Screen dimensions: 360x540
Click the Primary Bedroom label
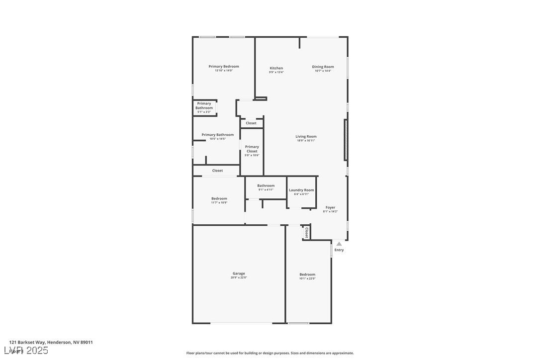point(224,67)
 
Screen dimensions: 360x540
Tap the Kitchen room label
point(276,68)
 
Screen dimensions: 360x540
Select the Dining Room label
point(323,67)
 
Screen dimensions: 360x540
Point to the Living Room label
point(306,136)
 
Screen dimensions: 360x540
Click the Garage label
point(239,273)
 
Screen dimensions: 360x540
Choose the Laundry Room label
point(301,190)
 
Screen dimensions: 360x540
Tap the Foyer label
point(330,207)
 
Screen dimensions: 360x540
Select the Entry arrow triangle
point(339,244)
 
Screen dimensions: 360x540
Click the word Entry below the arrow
point(339,250)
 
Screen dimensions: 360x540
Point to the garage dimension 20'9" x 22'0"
point(239,278)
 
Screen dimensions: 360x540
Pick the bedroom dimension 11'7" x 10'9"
point(219,203)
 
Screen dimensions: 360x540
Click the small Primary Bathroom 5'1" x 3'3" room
point(204,108)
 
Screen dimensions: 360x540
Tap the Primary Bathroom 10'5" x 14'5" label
point(217,135)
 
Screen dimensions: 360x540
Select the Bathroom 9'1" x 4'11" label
point(266,186)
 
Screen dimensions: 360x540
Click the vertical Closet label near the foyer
point(306,233)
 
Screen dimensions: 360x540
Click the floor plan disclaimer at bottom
point(270,353)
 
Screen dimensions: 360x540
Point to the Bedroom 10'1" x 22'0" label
point(307,274)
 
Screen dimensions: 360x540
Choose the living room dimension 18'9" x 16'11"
point(306,141)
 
